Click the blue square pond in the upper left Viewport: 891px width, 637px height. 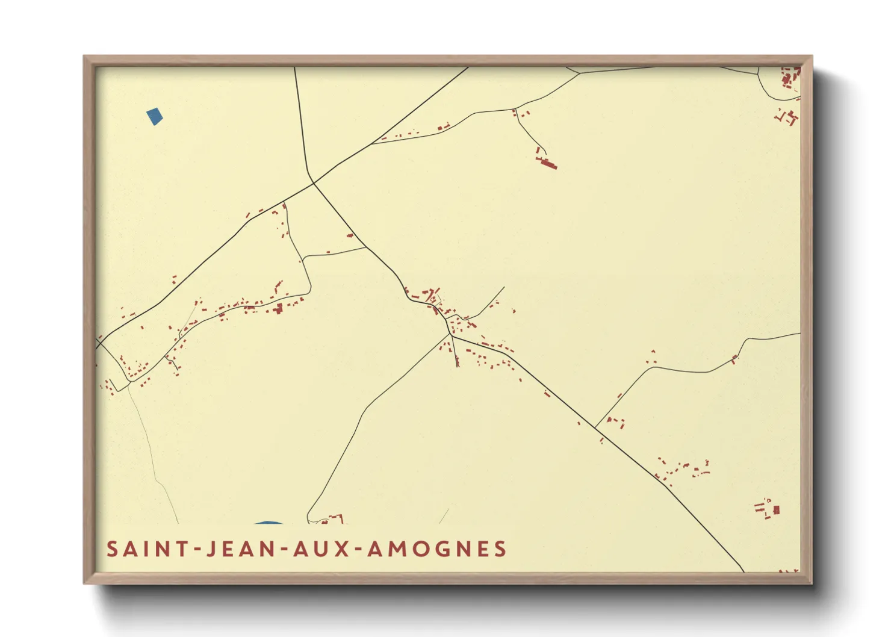click(x=155, y=116)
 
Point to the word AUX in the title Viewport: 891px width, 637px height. click(x=321, y=549)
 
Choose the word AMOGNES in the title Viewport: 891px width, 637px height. click(x=437, y=549)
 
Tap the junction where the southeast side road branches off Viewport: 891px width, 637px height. click(x=595, y=427)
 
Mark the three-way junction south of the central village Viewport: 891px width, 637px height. click(x=451, y=335)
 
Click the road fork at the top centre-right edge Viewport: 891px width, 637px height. click(x=579, y=73)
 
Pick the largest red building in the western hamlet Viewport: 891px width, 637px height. click(x=278, y=309)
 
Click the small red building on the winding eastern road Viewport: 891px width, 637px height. click(x=734, y=359)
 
